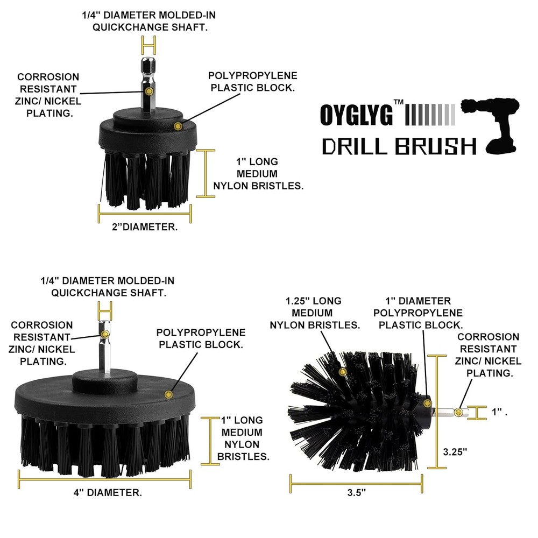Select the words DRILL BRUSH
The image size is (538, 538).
tap(399, 146)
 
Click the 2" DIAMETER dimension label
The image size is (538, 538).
tap(144, 227)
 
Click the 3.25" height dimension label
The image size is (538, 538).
tap(455, 452)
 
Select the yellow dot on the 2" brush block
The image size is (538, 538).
tap(177, 126)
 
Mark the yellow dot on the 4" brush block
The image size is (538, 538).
tap(168, 395)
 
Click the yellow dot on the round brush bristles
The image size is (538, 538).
tap(342, 372)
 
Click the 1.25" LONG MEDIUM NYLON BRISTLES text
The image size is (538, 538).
tap(315, 313)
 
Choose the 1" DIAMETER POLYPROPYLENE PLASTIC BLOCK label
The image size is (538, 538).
tap(420, 313)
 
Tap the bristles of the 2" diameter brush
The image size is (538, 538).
tap(145, 180)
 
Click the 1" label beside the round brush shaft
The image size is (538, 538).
tap(499, 412)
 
